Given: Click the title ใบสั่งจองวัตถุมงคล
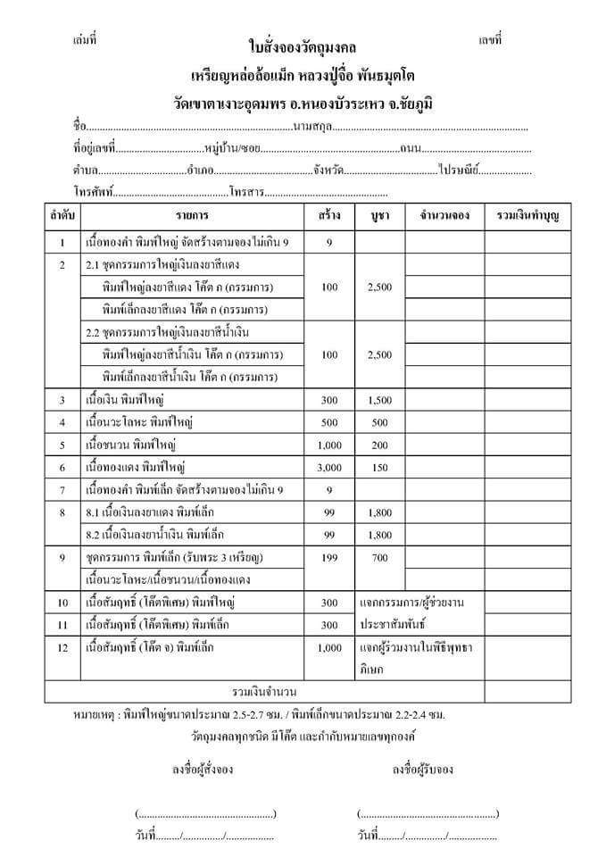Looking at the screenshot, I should coord(303,46).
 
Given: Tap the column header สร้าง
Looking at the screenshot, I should coord(329,216).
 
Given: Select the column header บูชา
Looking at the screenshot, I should coord(379,216).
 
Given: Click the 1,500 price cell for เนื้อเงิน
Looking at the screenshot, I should coord(379,400).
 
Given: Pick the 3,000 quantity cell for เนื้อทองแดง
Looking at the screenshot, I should coord(329,467).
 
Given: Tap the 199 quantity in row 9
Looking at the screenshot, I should coord(329,557).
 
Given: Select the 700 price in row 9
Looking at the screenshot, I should coord(379,557).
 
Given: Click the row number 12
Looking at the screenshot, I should coord(62,646).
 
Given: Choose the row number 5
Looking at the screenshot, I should coord(62,445).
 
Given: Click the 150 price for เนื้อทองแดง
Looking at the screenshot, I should coord(379,467).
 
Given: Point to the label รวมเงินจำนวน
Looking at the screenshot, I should coord(264,692).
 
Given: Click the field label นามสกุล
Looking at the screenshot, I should coord(311,126).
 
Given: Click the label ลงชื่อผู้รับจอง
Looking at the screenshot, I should coord(423,769).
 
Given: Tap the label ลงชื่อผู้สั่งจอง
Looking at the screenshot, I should coord(203,769).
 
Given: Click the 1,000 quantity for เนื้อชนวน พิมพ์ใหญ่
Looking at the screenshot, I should coord(329,445).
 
